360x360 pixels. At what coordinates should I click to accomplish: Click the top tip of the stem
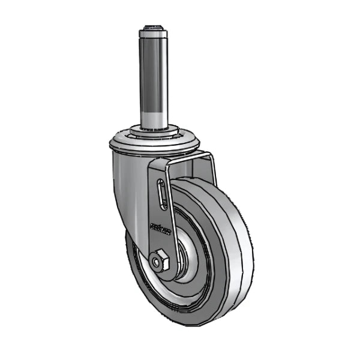point(154,26)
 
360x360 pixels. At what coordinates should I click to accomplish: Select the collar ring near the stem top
point(154,34)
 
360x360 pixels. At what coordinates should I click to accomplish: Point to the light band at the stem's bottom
point(154,117)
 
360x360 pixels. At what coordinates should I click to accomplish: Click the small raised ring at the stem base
point(154,130)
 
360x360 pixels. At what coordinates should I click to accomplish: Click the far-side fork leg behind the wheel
point(210,171)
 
